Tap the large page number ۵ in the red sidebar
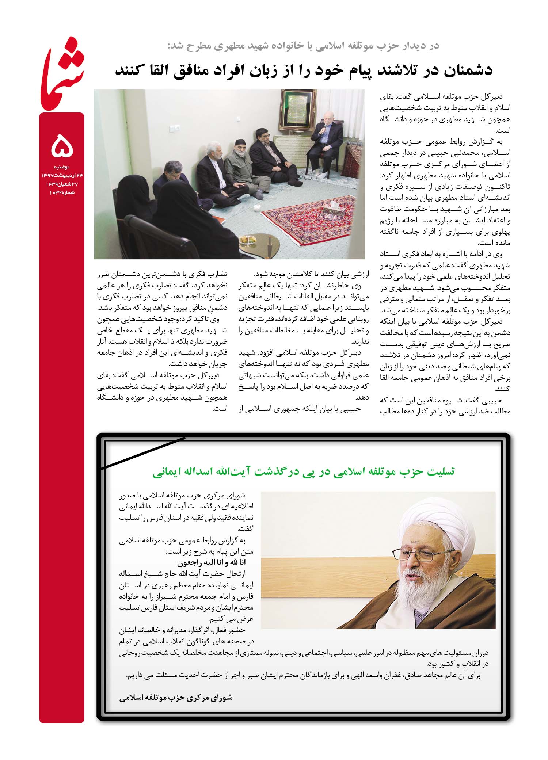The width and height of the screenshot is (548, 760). click(x=62, y=146)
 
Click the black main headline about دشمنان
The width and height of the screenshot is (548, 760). click(x=303, y=70)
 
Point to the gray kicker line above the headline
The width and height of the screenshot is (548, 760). click(x=303, y=46)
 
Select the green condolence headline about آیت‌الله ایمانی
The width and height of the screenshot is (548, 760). click(x=303, y=471)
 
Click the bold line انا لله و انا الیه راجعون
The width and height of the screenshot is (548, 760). click(x=212, y=562)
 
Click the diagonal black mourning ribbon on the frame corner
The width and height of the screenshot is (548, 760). click(x=142, y=453)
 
